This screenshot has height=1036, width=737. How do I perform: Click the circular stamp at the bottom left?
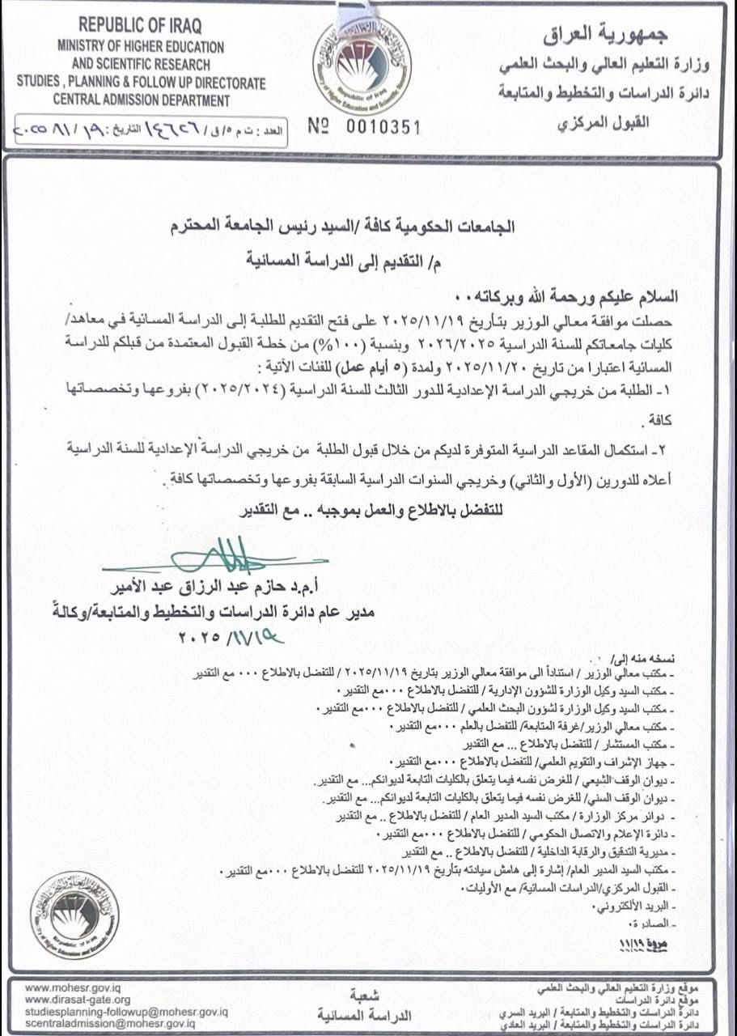coord(74,915)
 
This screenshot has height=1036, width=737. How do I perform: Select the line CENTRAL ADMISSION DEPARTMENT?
coord(142,100)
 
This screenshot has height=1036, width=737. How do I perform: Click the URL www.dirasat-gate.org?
coord(78,1000)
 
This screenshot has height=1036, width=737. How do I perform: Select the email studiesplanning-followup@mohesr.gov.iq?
coord(126,1012)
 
